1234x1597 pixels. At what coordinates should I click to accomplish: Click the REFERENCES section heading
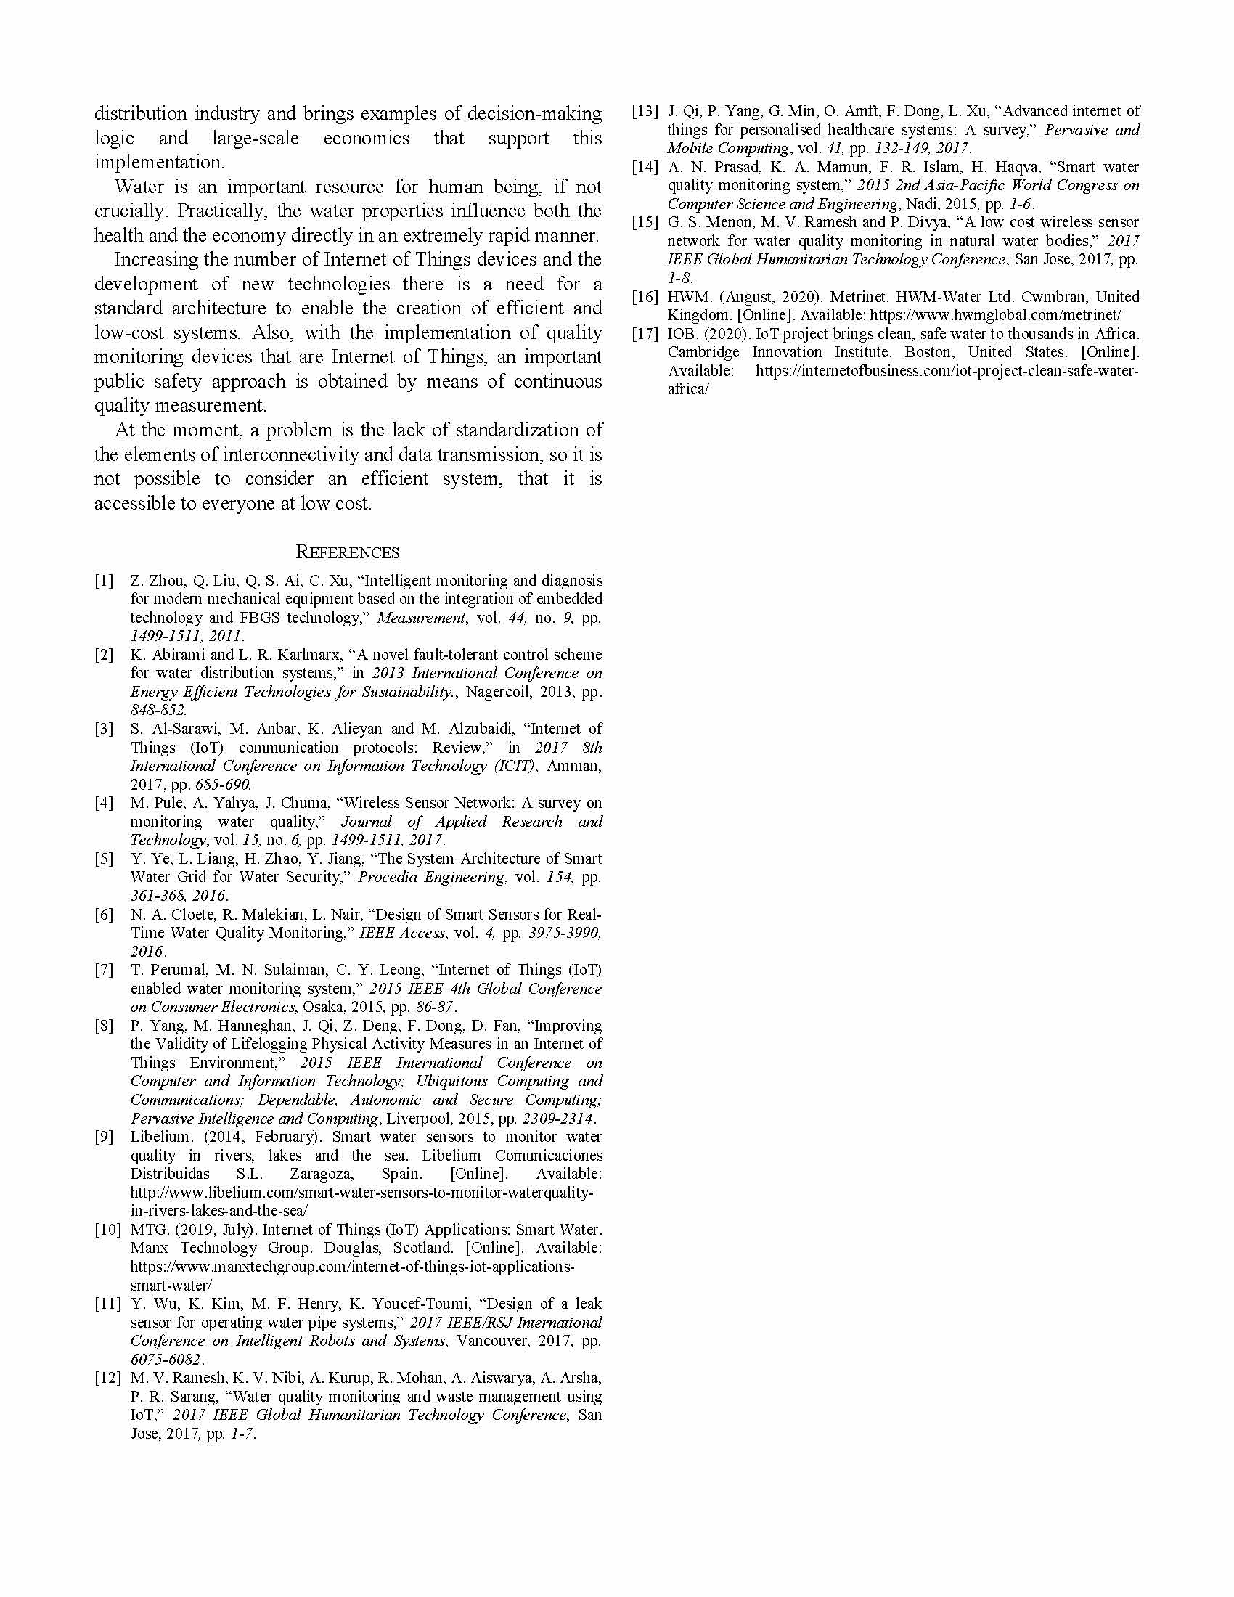pos(347,552)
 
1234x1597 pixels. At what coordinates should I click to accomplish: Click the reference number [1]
pos(104,581)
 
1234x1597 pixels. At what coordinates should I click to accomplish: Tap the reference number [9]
pos(104,1137)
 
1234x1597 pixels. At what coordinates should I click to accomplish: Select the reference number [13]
pos(645,111)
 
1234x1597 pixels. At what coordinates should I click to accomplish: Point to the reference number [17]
pos(645,334)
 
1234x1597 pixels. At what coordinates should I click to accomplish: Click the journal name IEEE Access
pos(402,933)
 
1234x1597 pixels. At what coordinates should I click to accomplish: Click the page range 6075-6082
pos(166,1360)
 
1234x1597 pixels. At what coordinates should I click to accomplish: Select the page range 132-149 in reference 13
pos(905,148)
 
